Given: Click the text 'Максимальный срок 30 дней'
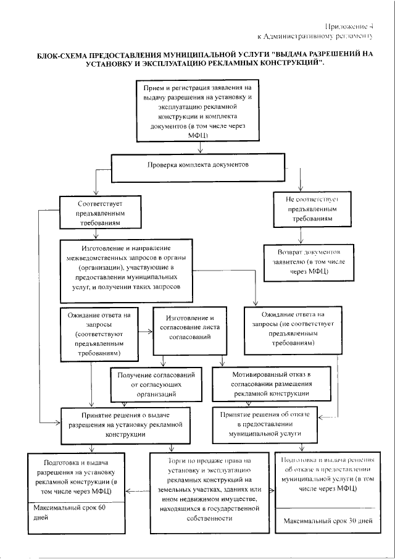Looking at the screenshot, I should point(328,521).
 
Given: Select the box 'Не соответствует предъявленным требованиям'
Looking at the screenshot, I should point(312,210).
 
